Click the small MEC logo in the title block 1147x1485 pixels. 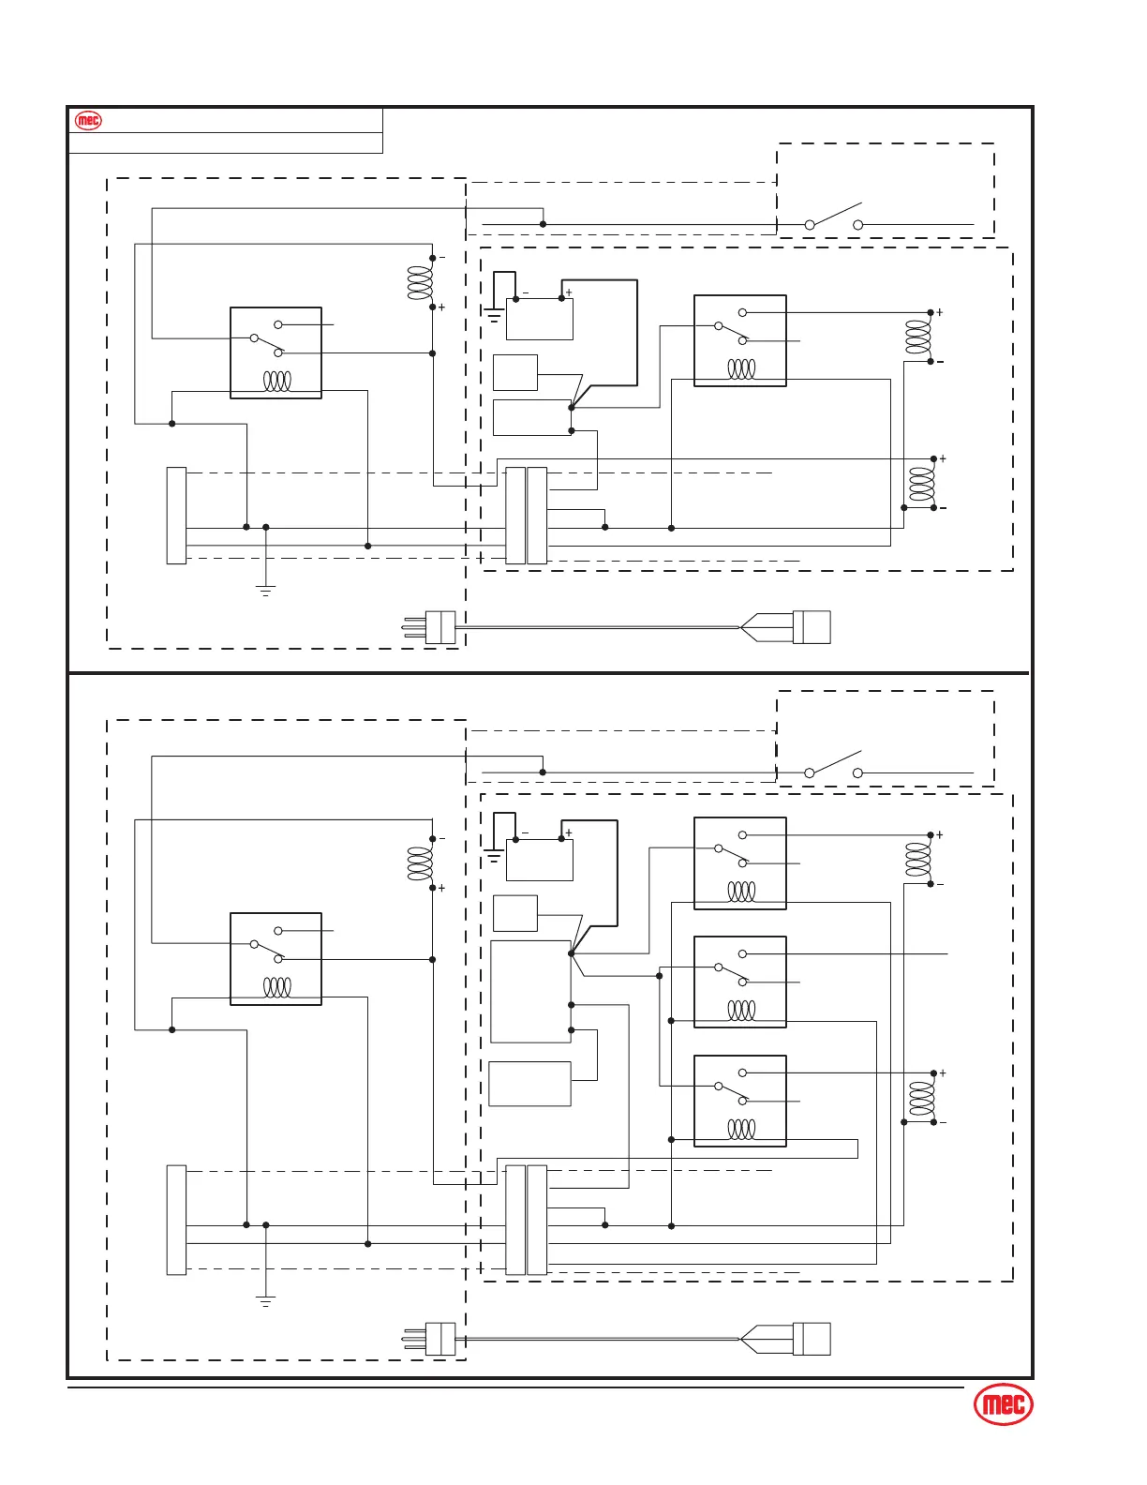(88, 121)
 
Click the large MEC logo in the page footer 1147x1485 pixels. (1004, 1404)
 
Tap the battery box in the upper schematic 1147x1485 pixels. (539, 319)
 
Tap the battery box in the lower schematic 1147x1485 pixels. (539, 860)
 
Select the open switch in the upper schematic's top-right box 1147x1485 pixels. (834, 217)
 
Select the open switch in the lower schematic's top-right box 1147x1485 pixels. (834, 765)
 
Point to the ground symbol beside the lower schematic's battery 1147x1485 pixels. (494, 854)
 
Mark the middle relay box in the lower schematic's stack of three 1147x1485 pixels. (739, 982)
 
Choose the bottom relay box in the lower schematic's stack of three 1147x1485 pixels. (739, 1101)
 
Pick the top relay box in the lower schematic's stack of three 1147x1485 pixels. (739, 862)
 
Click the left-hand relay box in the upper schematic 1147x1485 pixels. (276, 352)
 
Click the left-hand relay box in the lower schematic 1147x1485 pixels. (276, 958)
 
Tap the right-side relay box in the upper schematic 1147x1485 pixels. (739, 340)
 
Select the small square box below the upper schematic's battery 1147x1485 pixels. (514, 372)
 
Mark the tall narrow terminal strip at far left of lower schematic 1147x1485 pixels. (176, 1220)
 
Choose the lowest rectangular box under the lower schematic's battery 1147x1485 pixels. (529, 1084)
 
